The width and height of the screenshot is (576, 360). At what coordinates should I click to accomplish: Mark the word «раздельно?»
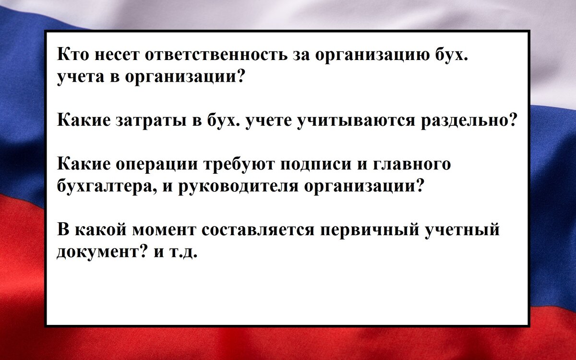(x=468, y=120)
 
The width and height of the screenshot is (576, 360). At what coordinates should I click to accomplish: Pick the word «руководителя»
(x=229, y=185)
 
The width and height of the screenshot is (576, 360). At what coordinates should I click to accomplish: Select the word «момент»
(x=163, y=229)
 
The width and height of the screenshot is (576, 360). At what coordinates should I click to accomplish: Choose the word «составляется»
(x=257, y=229)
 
